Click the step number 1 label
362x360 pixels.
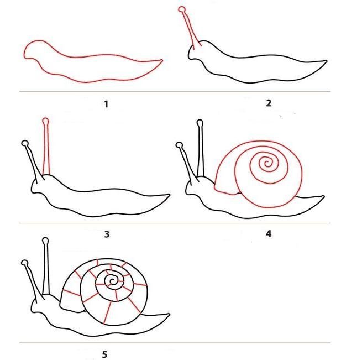[x=106, y=104]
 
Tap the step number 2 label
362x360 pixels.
[x=269, y=103]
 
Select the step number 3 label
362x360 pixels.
[x=107, y=234]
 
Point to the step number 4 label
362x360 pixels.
[x=269, y=234]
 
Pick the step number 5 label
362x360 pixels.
[x=104, y=354]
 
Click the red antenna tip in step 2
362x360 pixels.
[x=182, y=9]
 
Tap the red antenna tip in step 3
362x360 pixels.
[x=45, y=121]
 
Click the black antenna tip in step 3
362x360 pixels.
[x=25, y=143]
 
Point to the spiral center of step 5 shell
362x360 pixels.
[x=112, y=281]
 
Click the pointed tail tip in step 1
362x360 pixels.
[x=162, y=60]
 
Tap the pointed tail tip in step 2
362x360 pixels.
[x=326, y=61]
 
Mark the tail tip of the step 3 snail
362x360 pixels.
[x=169, y=195]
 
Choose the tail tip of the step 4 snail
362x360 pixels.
[x=324, y=197]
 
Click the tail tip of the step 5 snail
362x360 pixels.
[x=169, y=314]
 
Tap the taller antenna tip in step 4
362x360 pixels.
[x=200, y=122]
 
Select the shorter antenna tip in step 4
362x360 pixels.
[x=179, y=145]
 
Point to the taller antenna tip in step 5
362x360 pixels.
[x=45, y=241]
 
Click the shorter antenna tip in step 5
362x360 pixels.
[x=25, y=263]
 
